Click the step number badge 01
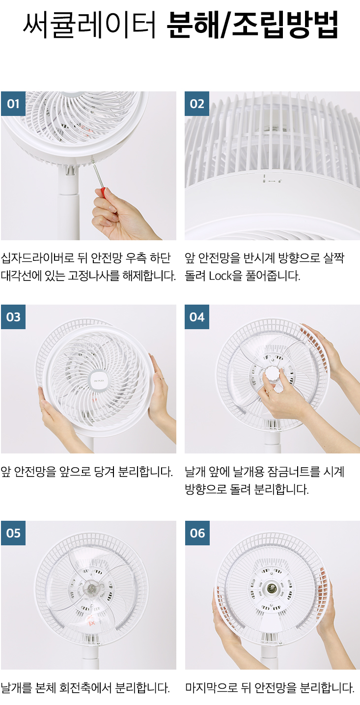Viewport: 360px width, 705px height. coord(13,104)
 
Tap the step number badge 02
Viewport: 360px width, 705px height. coord(197,104)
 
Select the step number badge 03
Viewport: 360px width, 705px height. coord(13,317)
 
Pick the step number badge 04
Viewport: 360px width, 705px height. coord(197,317)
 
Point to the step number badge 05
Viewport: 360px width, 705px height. coord(13,533)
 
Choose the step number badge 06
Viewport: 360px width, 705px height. coord(197,533)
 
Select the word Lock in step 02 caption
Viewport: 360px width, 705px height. coord(221,276)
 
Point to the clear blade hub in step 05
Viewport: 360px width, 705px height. coord(92,588)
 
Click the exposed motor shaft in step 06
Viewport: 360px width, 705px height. coord(271,588)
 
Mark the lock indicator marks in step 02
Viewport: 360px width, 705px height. coord(272,180)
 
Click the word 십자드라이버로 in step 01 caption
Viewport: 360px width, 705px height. coord(38,258)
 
